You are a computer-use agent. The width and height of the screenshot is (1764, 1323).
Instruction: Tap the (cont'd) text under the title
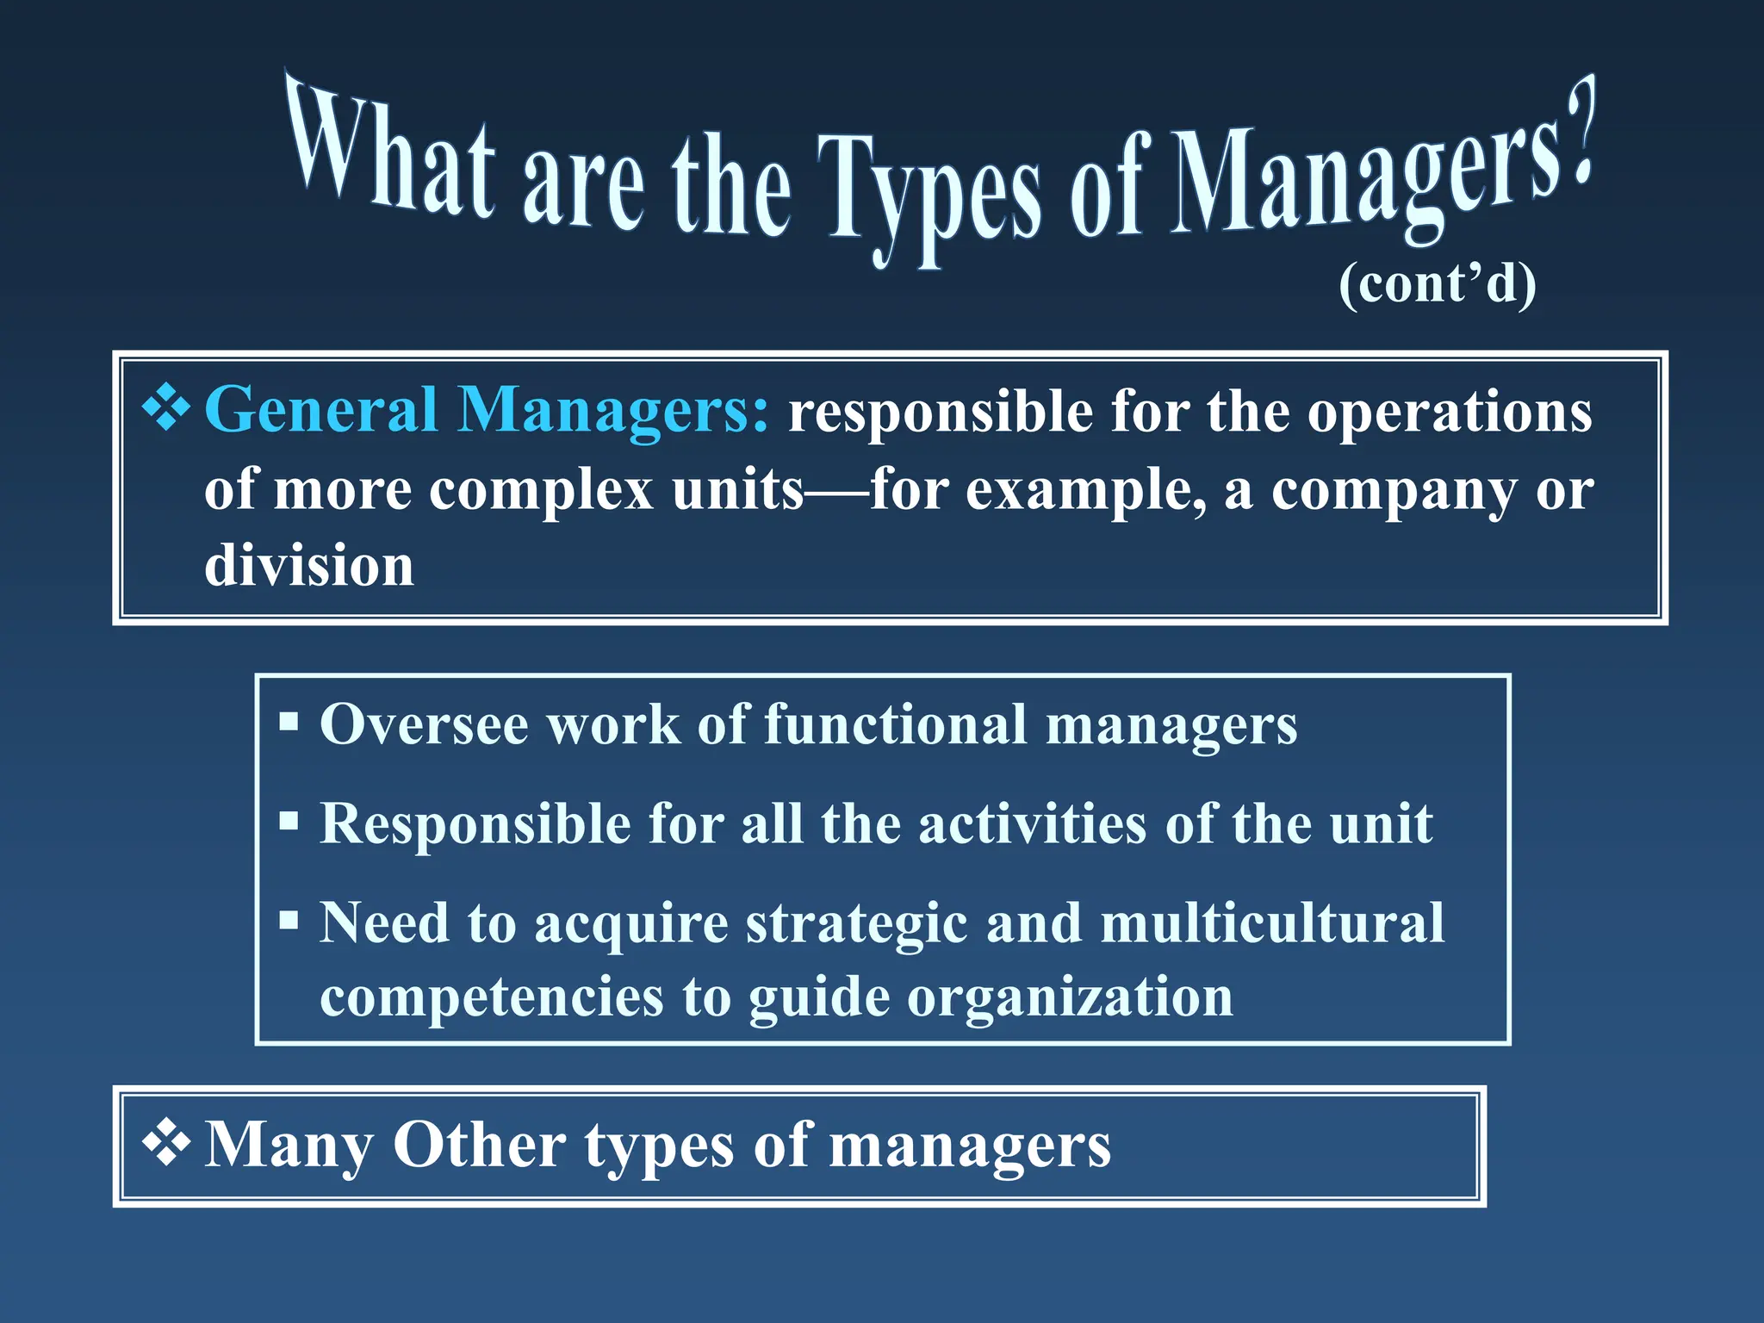point(1437,283)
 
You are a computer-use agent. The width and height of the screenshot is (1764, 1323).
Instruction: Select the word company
point(1392,491)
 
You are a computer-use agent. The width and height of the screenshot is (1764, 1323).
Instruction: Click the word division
point(309,566)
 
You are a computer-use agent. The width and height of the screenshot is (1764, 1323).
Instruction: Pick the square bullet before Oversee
point(289,721)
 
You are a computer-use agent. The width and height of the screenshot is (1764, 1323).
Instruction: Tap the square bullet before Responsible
point(289,821)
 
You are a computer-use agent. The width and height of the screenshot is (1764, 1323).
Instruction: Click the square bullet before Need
point(289,921)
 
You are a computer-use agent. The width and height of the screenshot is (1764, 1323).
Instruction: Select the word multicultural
point(1272,922)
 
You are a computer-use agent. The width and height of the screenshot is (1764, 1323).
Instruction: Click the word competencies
point(492,997)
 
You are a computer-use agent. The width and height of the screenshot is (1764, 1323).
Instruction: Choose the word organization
point(1070,997)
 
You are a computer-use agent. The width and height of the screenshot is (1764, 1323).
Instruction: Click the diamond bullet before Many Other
point(166,1144)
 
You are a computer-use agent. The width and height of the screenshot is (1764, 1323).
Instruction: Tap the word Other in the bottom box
point(479,1145)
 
